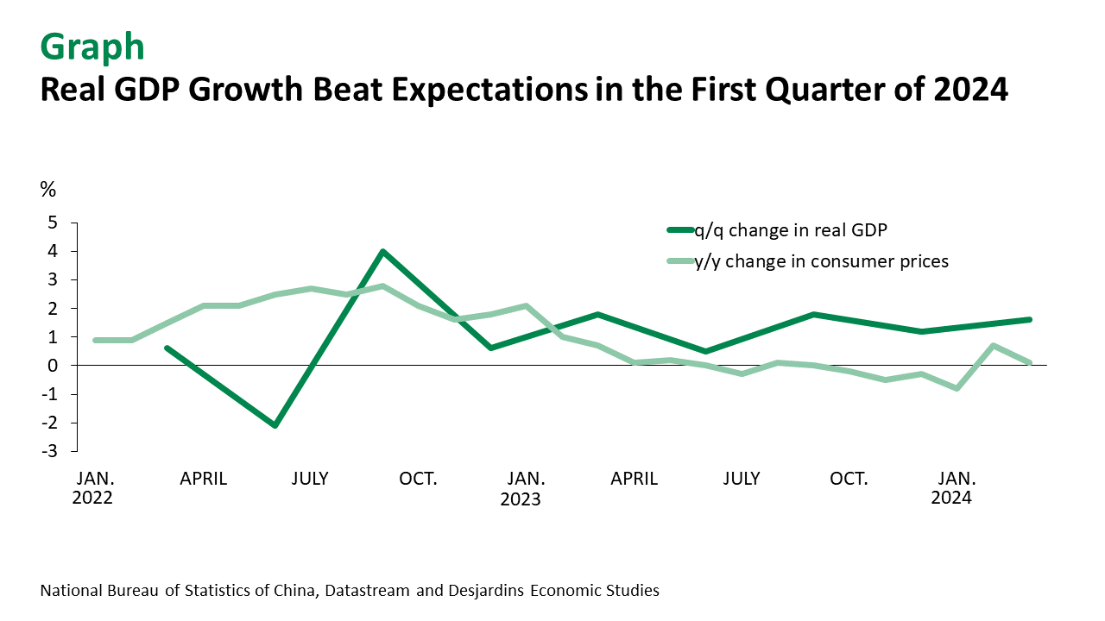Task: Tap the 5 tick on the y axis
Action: [x=53, y=223]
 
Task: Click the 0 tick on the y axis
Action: [x=53, y=366]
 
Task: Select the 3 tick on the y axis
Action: [x=53, y=279]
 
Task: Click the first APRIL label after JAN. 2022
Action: [x=203, y=479]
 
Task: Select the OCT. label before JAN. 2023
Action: [x=418, y=479]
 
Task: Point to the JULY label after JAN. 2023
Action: [x=741, y=479]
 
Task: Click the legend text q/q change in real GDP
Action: [x=791, y=230]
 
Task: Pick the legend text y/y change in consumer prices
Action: [x=821, y=261]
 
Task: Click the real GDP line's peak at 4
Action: [x=382, y=252]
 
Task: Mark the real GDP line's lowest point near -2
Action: [x=275, y=425]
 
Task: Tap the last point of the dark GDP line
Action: [x=1029, y=320]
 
